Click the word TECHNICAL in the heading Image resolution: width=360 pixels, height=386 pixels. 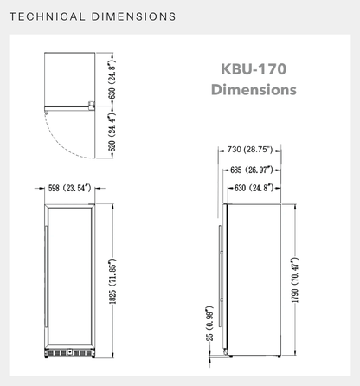tap(48, 16)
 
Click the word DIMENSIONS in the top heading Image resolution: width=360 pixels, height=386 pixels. tap(133, 16)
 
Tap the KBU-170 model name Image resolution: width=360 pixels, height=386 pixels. tap(254, 69)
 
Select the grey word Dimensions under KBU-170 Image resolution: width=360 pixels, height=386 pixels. tap(254, 89)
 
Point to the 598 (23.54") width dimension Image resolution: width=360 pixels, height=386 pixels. tap(69, 189)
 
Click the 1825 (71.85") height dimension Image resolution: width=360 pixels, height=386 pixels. tap(112, 281)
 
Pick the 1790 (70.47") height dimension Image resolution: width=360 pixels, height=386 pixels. tap(295, 280)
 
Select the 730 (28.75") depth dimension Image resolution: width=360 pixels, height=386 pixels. tap(250, 150)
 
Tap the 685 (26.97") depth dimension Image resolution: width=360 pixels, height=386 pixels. tap(252, 170)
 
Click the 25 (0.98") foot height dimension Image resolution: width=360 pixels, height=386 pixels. tap(210, 324)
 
